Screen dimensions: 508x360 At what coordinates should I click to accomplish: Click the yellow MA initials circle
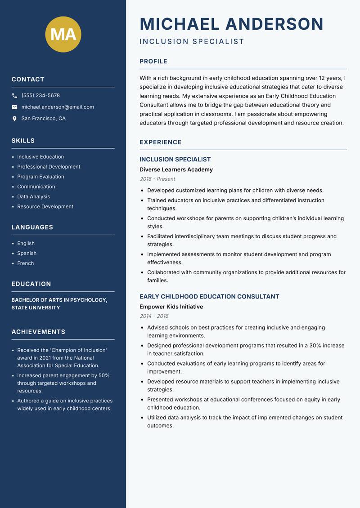click(63, 34)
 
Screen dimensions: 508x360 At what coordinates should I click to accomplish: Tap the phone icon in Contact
click(14, 96)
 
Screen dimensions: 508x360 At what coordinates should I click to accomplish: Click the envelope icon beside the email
click(14, 107)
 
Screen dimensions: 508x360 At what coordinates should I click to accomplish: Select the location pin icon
click(14, 119)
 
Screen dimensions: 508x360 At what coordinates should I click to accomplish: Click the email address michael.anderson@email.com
click(58, 107)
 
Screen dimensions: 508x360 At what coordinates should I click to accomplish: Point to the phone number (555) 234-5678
click(40, 96)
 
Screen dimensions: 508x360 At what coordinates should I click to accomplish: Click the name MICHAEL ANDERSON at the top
click(231, 24)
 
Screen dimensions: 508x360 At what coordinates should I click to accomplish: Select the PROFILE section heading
click(153, 62)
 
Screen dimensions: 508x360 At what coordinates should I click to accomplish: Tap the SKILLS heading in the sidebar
click(23, 141)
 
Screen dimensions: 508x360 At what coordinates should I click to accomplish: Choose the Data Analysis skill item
click(33, 196)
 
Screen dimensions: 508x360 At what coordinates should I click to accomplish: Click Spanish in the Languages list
click(27, 253)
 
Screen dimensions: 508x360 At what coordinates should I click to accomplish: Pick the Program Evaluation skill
click(40, 177)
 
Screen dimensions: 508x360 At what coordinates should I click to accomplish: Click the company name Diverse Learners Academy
click(176, 169)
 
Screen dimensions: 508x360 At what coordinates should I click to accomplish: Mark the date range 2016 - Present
click(157, 179)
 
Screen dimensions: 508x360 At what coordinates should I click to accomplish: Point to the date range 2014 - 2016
click(154, 316)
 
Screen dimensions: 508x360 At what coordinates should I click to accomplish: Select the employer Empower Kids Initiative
click(171, 307)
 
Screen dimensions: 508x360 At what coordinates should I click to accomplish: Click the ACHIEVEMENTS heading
click(38, 332)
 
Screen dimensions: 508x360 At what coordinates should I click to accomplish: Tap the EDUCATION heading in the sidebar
click(31, 284)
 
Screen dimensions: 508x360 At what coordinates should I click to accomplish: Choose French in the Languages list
click(25, 263)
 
